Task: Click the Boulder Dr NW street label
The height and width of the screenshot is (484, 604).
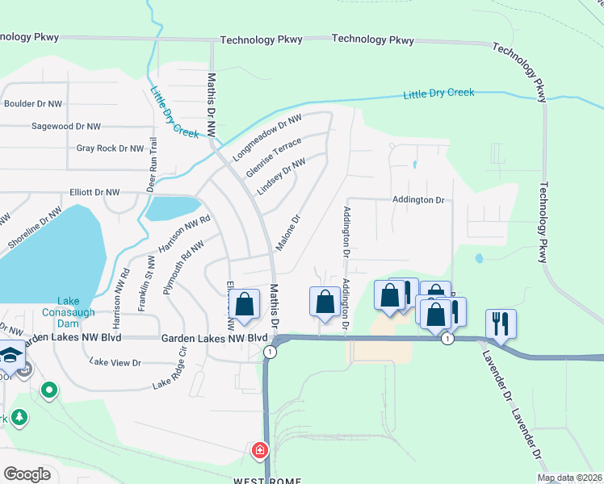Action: (x=33, y=104)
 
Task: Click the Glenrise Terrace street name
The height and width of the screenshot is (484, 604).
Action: (x=274, y=158)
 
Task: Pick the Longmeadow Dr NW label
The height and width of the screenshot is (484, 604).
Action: (x=267, y=138)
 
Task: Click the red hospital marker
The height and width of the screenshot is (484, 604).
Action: (x=261, y=449)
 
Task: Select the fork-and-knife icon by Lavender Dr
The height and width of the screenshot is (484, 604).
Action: (x=501, y=323)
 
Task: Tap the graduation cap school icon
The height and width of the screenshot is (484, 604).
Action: (x=10, y=355)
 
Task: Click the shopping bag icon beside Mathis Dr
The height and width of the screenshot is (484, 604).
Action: (x=245, y=304)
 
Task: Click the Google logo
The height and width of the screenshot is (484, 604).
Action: (x=27, y=474)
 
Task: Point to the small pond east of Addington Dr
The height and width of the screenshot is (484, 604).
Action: (x=479, y=259)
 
